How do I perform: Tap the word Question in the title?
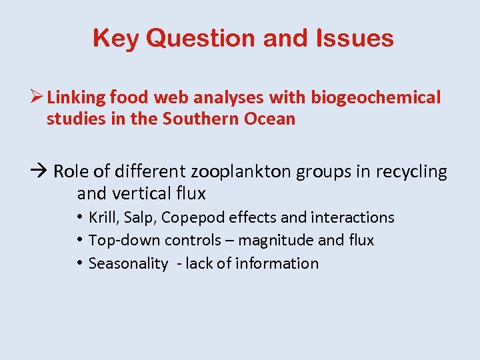tap(201, 38)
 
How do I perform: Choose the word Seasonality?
tap(128, 264)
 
